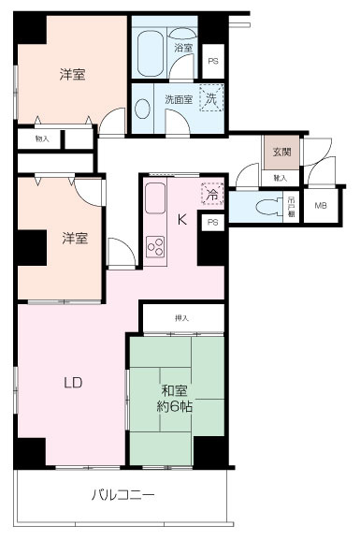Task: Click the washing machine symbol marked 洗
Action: [212, 98]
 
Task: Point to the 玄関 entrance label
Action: [281, 153]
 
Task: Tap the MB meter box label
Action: [321, 206]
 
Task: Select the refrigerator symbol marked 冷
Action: [212, 194]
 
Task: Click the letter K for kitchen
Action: [181, 220]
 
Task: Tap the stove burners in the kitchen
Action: [155, 248]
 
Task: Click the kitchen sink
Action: [155, 199]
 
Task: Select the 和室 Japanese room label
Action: [172, 389]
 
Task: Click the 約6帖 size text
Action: [176, 407]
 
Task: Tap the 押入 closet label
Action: [181, 319]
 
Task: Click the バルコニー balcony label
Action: [122, 494]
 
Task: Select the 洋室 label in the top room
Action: [74, 75]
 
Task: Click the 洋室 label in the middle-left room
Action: [74, 239]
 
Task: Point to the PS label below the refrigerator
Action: [212, 222]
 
